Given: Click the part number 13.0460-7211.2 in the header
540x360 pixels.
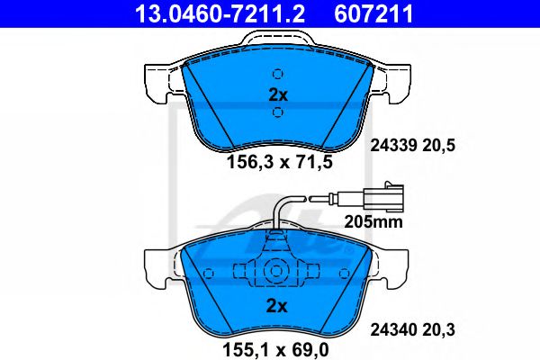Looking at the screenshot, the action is click(x=220, y=13).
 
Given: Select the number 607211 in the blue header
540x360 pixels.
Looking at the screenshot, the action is click(x=373, y=13).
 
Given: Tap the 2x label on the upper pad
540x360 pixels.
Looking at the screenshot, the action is click(x=278, y=94).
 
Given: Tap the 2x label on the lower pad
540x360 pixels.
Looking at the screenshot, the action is click(x=276, y=305).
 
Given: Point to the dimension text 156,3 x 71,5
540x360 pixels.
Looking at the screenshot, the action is click(x=280, y=162).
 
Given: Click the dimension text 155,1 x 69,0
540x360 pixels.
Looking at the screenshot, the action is click(x=276, y=350).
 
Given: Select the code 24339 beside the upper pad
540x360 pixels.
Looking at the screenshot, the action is click(x=393, y=145).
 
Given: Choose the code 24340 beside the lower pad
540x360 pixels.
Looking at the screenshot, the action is click(x=393, y=329).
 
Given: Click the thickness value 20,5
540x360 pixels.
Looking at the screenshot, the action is click(x=438, y=146).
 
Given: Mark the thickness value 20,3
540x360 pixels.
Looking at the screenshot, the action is click(x=438, y=329).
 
